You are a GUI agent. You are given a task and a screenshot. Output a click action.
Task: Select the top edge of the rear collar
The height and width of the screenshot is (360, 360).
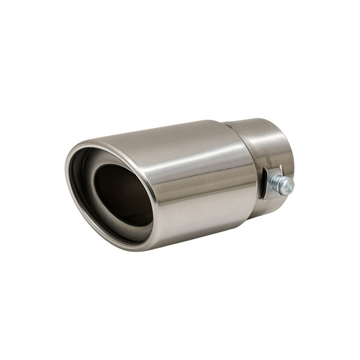point(252,120)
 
